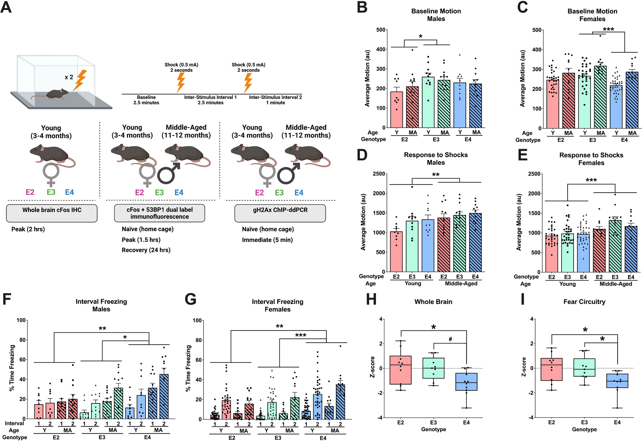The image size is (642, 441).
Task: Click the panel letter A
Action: click(x=6, y=7)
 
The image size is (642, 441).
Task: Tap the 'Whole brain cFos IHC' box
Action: click(x=51, y=213)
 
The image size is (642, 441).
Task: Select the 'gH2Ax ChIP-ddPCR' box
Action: click(x=280, y=213)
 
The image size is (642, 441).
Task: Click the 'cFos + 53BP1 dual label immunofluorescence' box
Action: click(x=160, y=213)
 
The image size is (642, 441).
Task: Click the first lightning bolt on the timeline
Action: click(x=181, y=82)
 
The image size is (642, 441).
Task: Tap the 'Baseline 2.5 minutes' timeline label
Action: click(x=146, y=100)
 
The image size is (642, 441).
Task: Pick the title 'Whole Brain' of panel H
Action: click(x=433, y=302)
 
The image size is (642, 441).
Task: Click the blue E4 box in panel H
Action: click(x=466, y=382)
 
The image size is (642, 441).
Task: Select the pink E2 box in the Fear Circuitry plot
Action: click(x=551, y=369)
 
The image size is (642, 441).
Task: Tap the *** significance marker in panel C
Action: click(x=608, y=30)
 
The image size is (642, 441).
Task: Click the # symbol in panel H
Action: click(x=450, y=339)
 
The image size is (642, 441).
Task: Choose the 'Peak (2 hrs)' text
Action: click(x=28, y=229)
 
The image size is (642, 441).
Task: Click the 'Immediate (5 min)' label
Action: click(x=267, y=240)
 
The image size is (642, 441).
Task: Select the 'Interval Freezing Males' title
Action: click(x=101, y=305)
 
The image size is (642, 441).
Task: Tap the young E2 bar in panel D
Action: click(x=396, y=251)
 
